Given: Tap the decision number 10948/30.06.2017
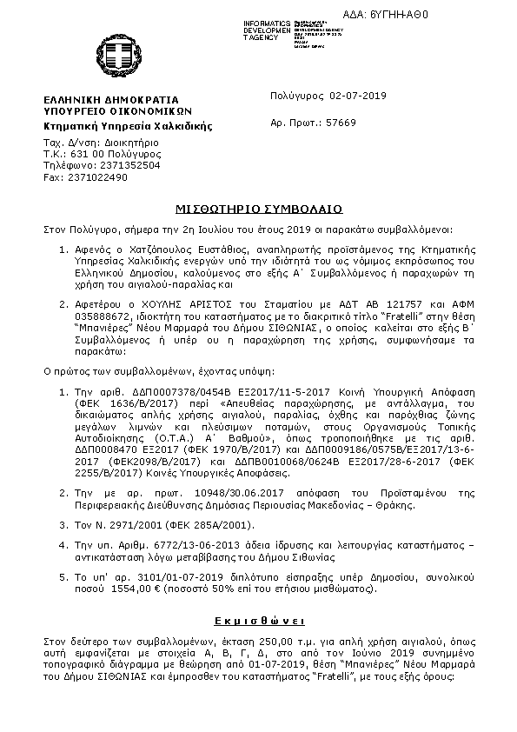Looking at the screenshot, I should (x=170, y=493).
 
